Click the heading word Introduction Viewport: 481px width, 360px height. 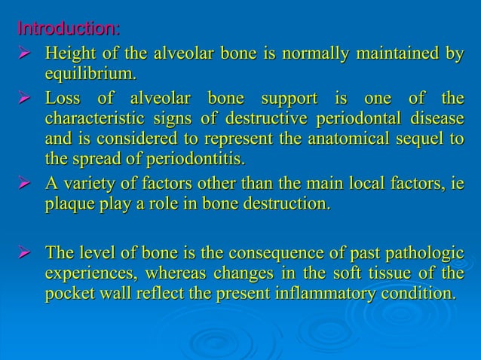tap(67, 30)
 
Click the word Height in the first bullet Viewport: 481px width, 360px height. tap(67, 55)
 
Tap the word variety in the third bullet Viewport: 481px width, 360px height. tap(90, 184)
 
